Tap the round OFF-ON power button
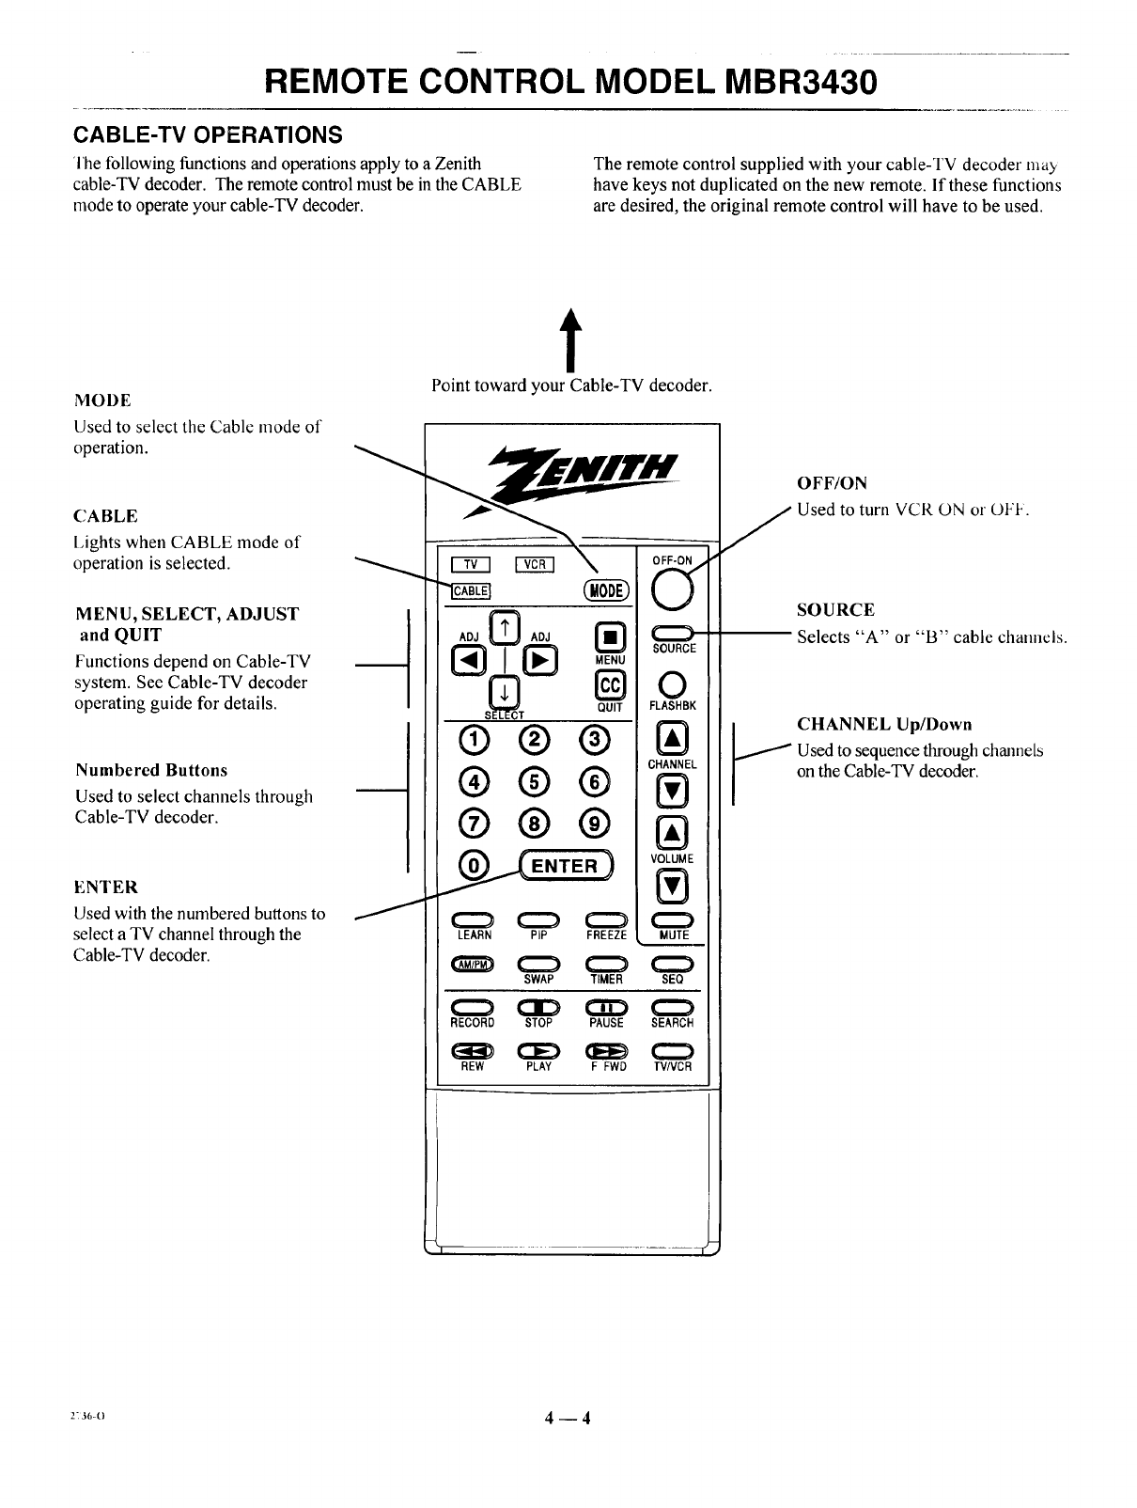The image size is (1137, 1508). pyautogui.click(x=673, y=591)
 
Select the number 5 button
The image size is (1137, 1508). pyautogui.click(x=535, y=780)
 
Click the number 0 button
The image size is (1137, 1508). pyautogui.click(x=473, y=864)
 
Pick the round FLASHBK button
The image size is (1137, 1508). pyautogui.click(x=673, y=683)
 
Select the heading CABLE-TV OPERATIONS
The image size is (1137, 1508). pyautogui.click(x=207, y=132)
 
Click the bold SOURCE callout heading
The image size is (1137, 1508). pyautogui.click(x=835, y=610)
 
